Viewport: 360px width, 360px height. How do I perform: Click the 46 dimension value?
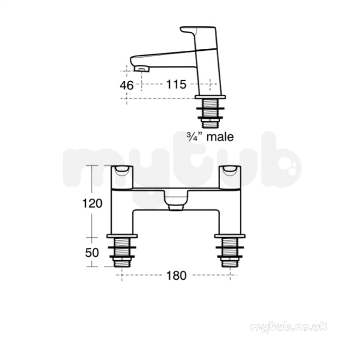click(x=127, y=85)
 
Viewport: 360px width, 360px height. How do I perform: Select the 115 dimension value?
click(x=176, y=84)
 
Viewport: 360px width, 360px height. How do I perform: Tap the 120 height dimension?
click(x=92, y=204)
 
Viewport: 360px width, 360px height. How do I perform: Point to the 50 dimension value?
click(x=92, y=253)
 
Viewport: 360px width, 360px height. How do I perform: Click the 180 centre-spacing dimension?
click(x=176, y=276)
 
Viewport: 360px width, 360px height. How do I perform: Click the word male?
click(x=220, y=137)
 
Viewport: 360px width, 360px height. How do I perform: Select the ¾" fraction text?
click(x=195, y=137)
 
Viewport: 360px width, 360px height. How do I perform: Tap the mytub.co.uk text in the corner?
click(x=289, y=327)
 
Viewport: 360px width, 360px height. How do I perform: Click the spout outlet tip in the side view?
click(x=141, y=69)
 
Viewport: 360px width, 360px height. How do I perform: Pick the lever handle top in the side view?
click(x=198, y=29)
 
